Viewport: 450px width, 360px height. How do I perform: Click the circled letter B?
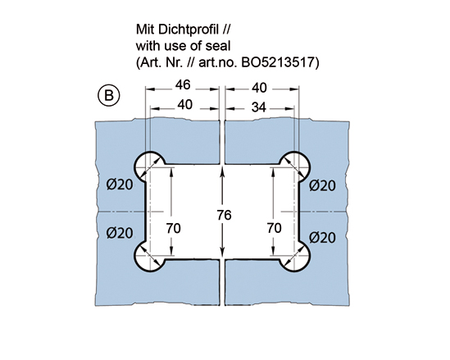coord(109,95)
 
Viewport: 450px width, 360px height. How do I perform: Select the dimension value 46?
coord(183,84)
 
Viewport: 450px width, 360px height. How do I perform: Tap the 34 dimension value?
coord(258,107)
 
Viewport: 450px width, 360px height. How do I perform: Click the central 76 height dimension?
coord(224,215)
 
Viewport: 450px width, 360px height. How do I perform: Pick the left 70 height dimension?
coord(173,229)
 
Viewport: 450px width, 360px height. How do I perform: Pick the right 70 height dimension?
coord(274,228)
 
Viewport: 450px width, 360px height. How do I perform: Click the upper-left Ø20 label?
coord(120,185)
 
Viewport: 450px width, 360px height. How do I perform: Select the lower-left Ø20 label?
coord(120,233)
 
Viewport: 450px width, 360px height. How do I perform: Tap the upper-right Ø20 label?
coord(322,185)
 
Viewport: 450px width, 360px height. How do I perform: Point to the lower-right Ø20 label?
coord(322,238)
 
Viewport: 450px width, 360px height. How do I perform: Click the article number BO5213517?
coord(280,62)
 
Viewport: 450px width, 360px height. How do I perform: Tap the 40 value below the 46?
coord(184,105)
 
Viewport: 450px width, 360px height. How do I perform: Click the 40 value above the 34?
coord(259,88)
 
